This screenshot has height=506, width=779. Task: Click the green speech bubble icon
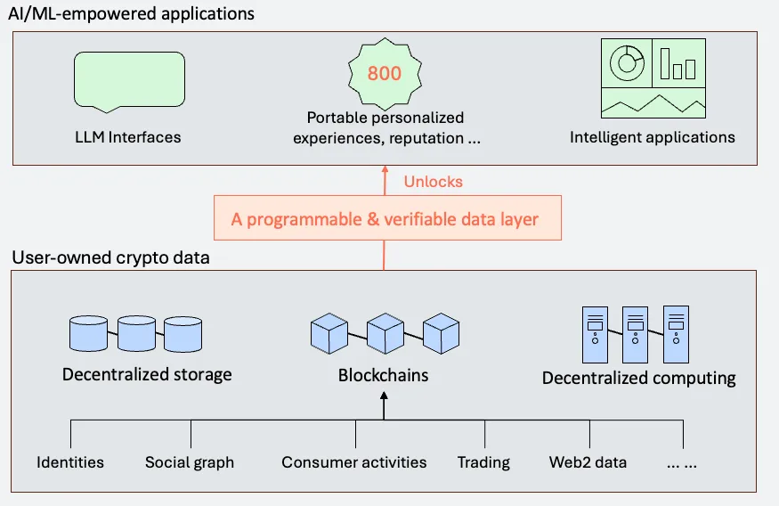click(129, 80)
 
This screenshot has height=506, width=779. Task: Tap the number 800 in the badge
click(385, 73)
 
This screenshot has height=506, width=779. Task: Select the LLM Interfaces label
click(128, 137)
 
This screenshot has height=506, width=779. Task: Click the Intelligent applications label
click(653, 137)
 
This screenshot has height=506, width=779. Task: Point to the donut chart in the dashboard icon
click(627, 62)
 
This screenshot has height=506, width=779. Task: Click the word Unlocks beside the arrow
click(434, 181)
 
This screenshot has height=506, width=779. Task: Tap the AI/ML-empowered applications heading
click(132, 14)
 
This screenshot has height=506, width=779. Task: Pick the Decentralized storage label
click(147, 374)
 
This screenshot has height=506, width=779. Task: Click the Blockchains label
click(383, 375)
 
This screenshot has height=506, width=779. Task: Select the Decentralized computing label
click(638, 378)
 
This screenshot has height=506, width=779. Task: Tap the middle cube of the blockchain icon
click(385, 333)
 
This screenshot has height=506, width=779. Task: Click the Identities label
click(70, 462)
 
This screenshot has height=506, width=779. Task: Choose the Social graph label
click(190, 462)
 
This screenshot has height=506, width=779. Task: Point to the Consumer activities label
click(354, 462)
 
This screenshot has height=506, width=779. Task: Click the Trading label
click(483, 462)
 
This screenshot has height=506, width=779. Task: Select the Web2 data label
click(588, 462)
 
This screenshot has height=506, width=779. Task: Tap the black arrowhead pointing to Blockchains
click(384, 401)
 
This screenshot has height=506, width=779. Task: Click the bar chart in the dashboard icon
click(678, 64)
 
